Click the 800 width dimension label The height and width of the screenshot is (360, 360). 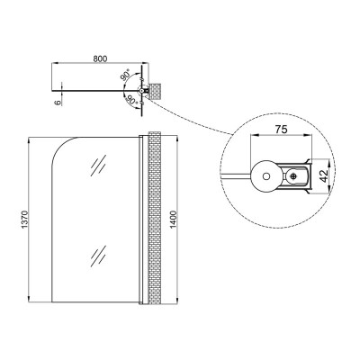point(100,58)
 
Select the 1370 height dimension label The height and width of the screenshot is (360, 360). point(24,220)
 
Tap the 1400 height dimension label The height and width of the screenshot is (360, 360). point(174,220)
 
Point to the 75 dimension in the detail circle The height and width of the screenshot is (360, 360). point(281,130)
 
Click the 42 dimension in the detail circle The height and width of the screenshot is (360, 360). point(323,176)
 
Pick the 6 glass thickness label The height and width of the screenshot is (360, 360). point(58,103)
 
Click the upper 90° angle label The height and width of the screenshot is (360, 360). point(126,76)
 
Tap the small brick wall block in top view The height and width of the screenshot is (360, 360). point(155,90)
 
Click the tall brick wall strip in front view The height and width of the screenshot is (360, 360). point(155,218)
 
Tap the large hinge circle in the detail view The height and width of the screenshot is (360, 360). point(265,176)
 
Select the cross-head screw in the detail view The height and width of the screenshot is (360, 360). point(292,176)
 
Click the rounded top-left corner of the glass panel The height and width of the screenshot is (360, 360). point(61,146)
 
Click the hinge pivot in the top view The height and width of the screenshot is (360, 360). point(141,90)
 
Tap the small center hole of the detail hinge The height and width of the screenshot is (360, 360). point(265,176)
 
